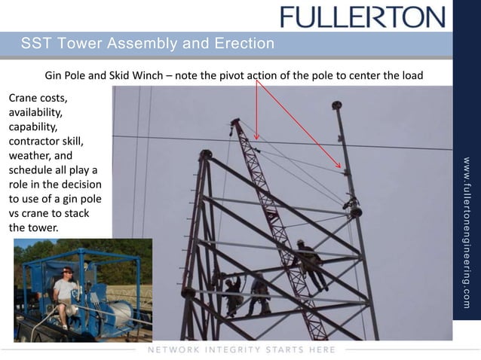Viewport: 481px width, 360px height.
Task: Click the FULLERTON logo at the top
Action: coord(363,16)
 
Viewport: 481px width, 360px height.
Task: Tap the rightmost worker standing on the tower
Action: coord(310,264)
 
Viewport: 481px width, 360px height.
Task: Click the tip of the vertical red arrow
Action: coord(256,139)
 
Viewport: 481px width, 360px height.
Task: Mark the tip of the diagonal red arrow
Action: coord(341,167)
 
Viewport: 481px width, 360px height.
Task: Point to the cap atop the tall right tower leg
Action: coord(336,105)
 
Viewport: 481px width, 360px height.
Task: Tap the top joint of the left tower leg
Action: coord(205,154)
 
